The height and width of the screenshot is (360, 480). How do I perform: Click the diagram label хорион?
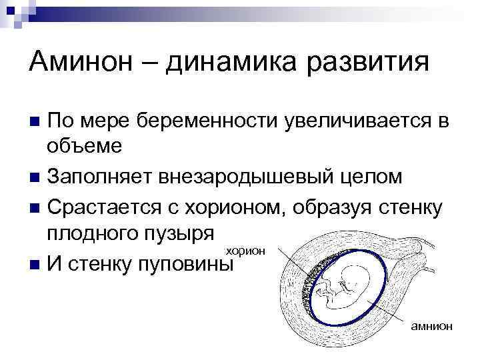click(246, 251)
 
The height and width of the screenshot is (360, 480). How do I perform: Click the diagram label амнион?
click(432, 325)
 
